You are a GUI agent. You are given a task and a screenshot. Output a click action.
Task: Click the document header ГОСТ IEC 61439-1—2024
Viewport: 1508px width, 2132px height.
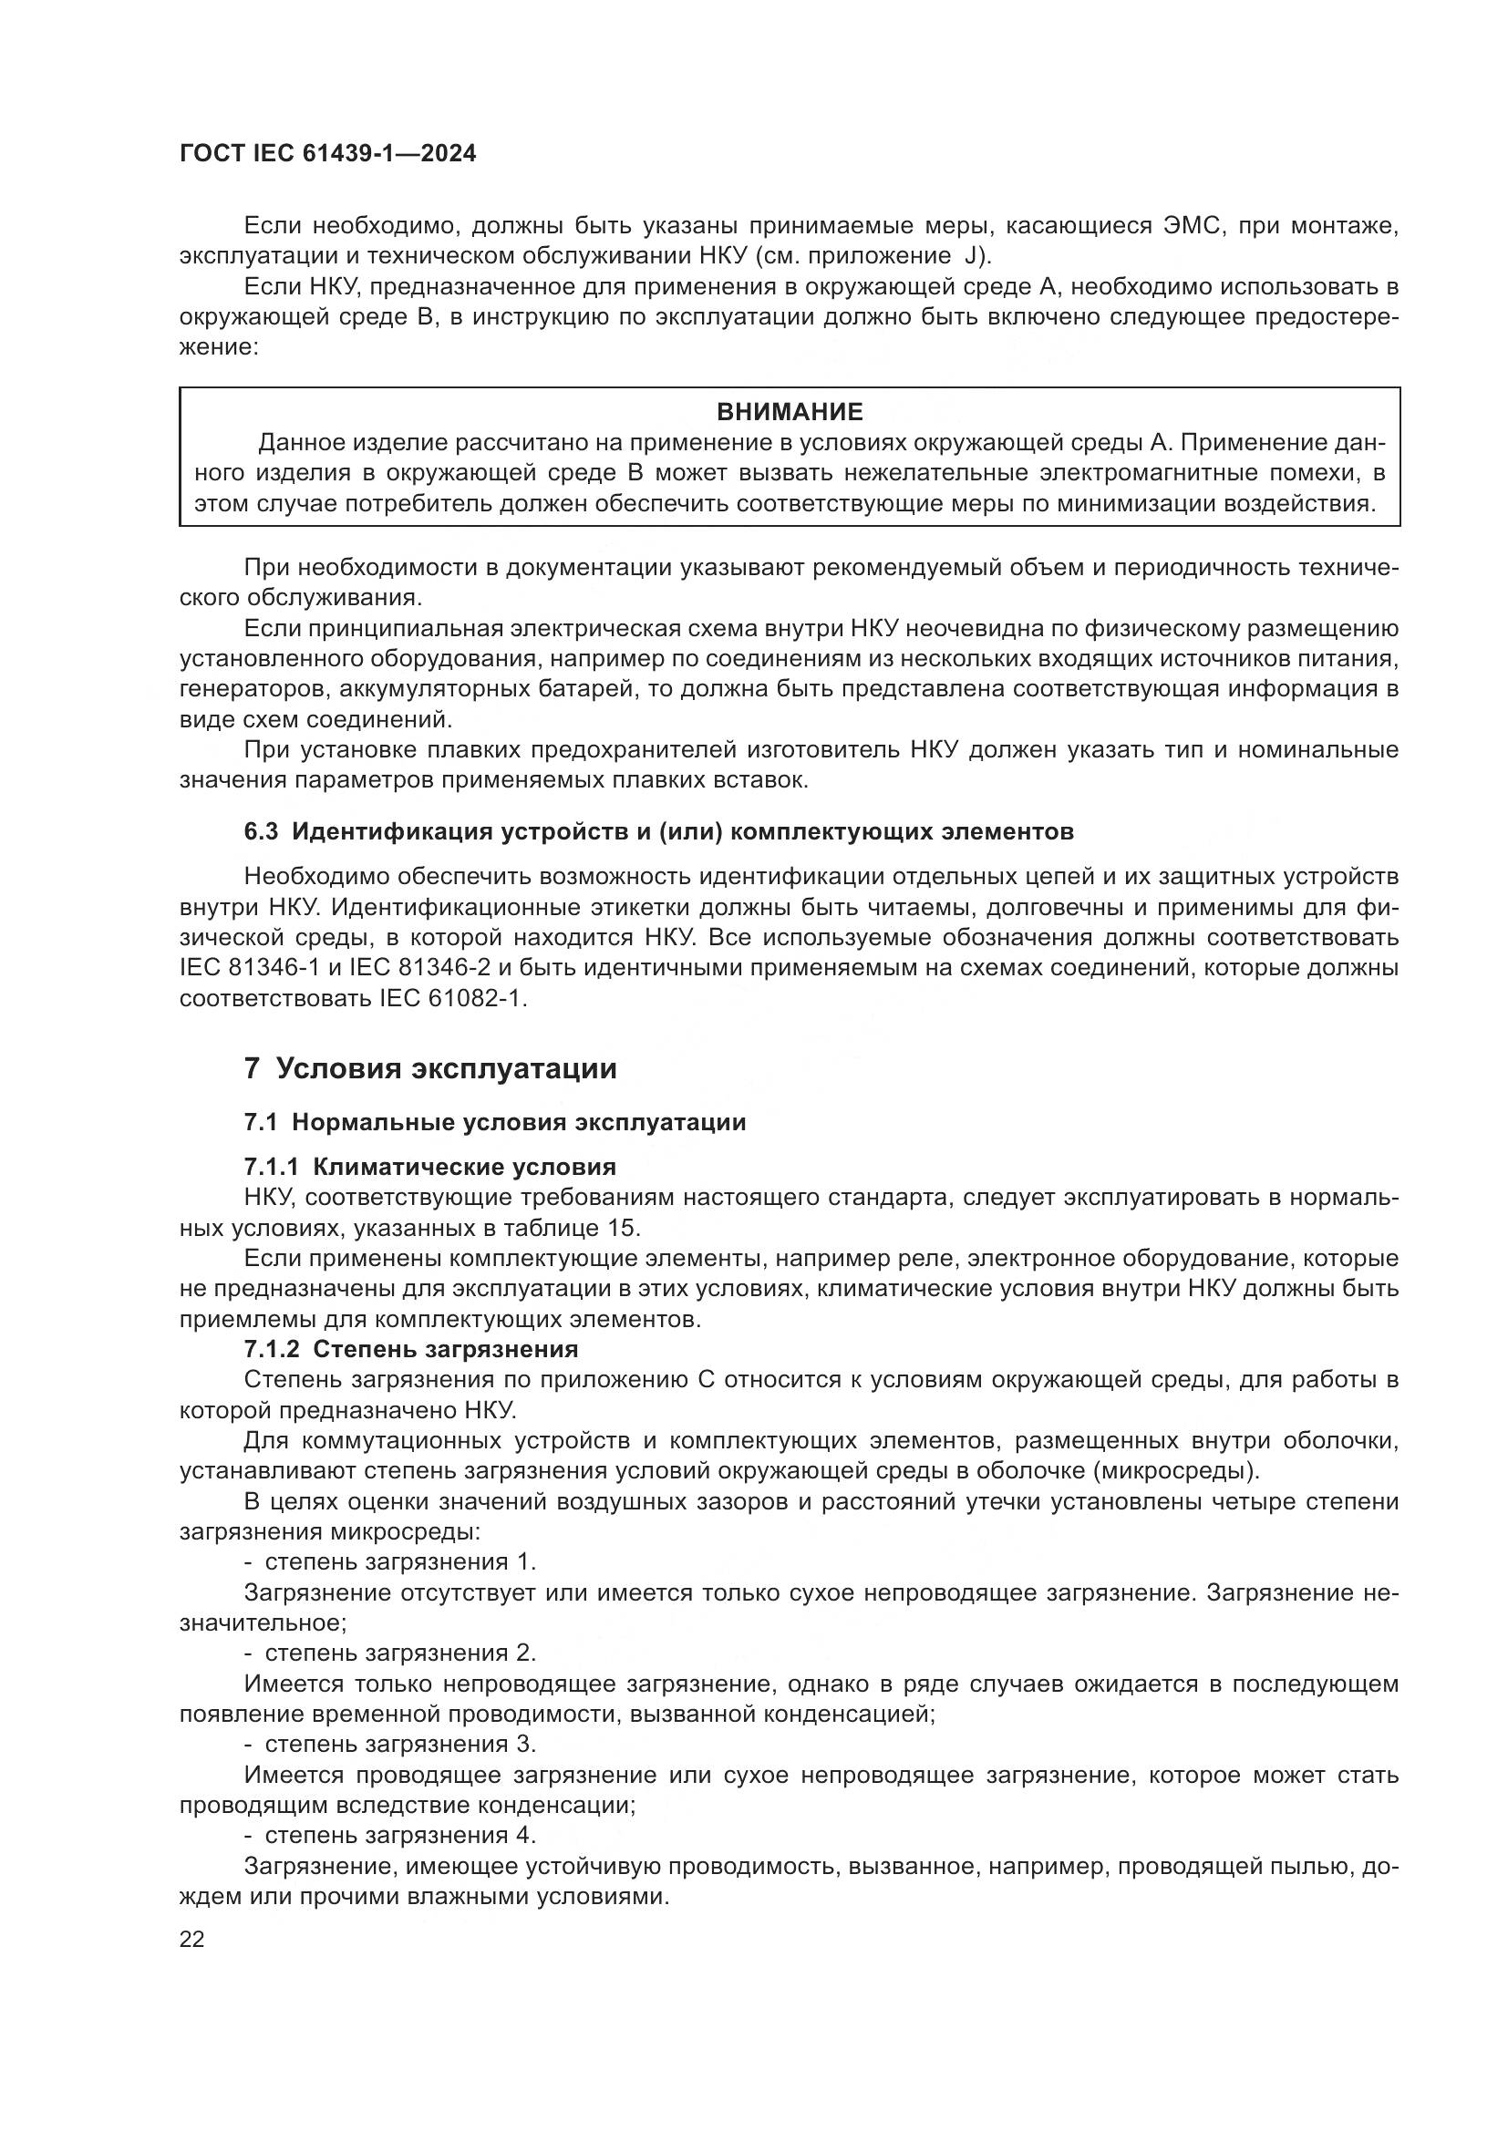pyautogui.click(x=327, y=154)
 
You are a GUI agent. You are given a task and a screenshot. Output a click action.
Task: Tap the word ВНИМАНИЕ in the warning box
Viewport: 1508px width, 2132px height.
pyautogui.click(x=790, y=411)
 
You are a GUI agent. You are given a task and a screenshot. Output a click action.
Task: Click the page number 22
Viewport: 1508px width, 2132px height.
pyautogui.click(x=192, y=1939)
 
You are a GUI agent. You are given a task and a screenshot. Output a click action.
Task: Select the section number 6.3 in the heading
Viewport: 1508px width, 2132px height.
pyautogui.click(x=261, y=831)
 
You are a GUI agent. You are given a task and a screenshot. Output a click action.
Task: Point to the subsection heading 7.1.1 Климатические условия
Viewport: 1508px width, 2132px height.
pyautogui.click(x=430, y=1167)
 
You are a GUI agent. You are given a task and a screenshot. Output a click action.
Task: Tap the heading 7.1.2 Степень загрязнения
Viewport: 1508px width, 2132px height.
pyautogui.click(x=410, y=1349)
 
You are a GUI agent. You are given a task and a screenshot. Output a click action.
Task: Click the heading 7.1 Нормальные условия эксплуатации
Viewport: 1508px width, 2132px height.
pyautogui.click(x=495, y=1123)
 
